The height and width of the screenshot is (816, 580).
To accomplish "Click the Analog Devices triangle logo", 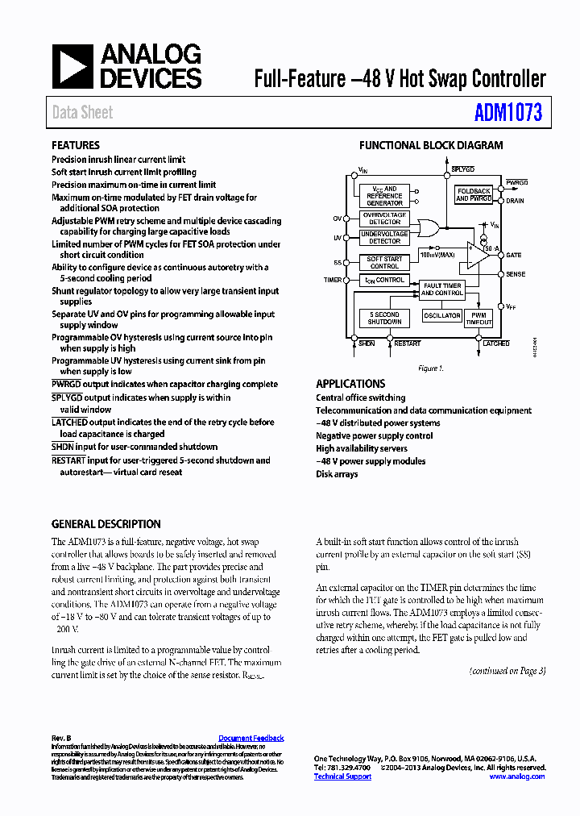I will point(72,66).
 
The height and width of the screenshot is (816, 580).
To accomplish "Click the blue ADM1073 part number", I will point(507,113).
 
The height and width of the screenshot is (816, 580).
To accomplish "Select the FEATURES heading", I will point(76,146).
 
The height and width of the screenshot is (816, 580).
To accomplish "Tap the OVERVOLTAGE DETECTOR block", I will point(384,219).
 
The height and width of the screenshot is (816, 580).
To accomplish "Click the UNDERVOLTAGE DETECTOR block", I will point(384,237).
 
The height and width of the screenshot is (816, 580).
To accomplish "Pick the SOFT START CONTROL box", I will point(384,262).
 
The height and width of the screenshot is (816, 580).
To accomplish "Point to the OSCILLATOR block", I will point(441,315).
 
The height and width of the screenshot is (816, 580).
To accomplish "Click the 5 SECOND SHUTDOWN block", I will point(384,318).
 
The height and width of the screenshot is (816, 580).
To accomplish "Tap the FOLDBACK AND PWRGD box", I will point(474,195).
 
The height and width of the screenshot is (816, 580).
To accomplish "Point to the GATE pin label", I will point(514,256).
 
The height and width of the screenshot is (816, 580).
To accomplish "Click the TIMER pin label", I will point(333,280).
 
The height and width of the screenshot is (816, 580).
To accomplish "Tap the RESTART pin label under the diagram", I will point(408,343).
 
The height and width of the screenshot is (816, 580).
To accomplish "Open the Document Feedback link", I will point(251,738).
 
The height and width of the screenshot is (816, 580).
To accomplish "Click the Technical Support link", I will point(342,776).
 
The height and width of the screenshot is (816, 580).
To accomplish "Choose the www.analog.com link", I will point(516,776).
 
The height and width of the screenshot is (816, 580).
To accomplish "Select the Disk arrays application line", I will point(337,474).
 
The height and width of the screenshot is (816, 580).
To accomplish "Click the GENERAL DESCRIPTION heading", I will point(106,524).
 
